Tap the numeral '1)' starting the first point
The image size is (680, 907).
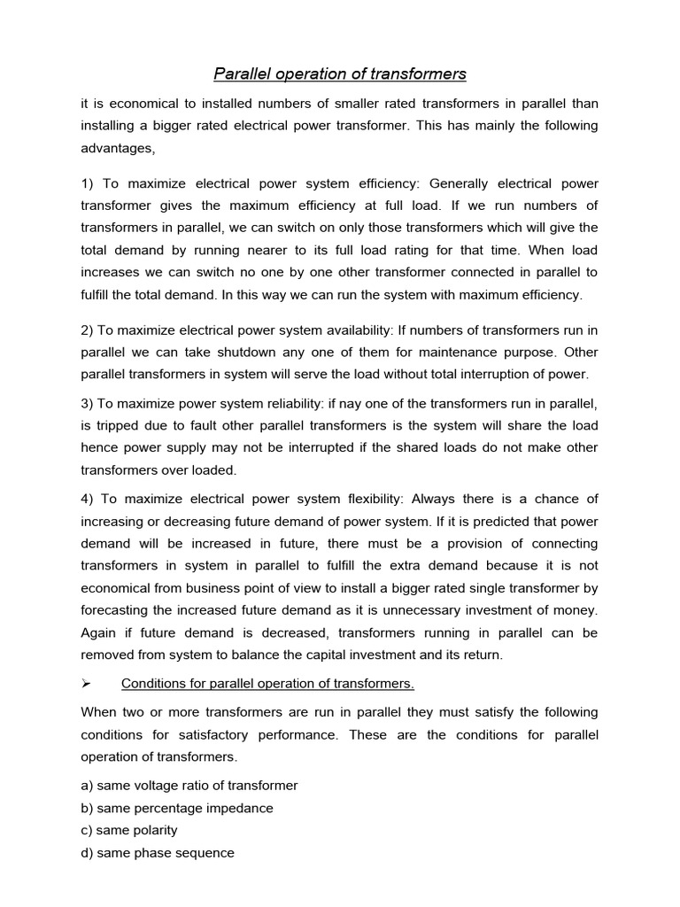point(88,183)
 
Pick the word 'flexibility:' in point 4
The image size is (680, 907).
point(366,500)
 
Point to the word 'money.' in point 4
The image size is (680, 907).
point(577,610)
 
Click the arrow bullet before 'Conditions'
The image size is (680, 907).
point(87,684)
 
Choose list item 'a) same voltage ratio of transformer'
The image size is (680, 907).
point(189,786)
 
